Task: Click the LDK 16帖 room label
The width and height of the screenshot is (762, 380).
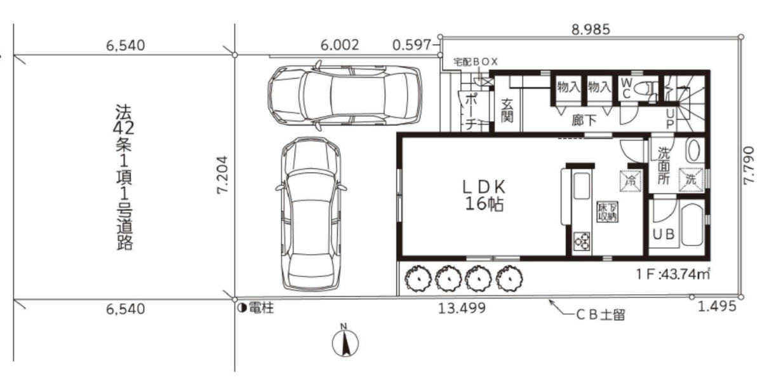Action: pyautogui.click(x=485, y=196)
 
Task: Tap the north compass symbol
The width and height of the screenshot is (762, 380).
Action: pyautogui.click(x=345, y=341)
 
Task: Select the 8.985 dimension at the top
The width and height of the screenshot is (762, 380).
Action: pyautogui.click(x=591, y=30)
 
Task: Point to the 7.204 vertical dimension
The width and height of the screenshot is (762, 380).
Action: pyautogui.click(x=222, y=175)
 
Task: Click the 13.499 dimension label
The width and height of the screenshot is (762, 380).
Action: pyautogui.click(x=462, y=308)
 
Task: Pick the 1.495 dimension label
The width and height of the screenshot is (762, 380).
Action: pyautogui.click(x=717, y=306)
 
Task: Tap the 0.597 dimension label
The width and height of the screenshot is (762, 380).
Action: pyautogui.click(x=412, y=45)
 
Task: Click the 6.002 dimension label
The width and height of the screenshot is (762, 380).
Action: pyautogui.click(x=340, y=45)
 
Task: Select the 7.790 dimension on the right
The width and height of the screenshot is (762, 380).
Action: pyautogui.click(x=749, y=166)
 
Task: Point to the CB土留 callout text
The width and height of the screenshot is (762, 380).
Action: pyautogui.click(x=601, y=315)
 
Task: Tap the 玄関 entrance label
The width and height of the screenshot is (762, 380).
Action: pyautogui.click(x=507, y=111)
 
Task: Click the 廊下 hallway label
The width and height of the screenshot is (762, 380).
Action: pyautogui.click(x=584, y=120)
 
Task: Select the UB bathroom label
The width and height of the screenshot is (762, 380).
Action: pyautogui.click(x=664, y=234)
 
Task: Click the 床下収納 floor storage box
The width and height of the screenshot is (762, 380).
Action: pyautogui.click(x=607, y=212)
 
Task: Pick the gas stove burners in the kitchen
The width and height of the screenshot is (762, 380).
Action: pyautogui.click(x=582, y=241)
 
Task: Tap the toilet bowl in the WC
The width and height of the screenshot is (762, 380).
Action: pyautogui.click(x=641, y=88)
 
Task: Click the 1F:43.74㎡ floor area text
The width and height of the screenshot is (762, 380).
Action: pyautogui.click(x=673, y=274)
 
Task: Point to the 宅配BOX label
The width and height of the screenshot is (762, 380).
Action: pyautogui.click(x=476, y=62)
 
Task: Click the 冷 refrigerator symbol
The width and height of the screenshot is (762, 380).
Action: pyautogui.click(x=631, y=181)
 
